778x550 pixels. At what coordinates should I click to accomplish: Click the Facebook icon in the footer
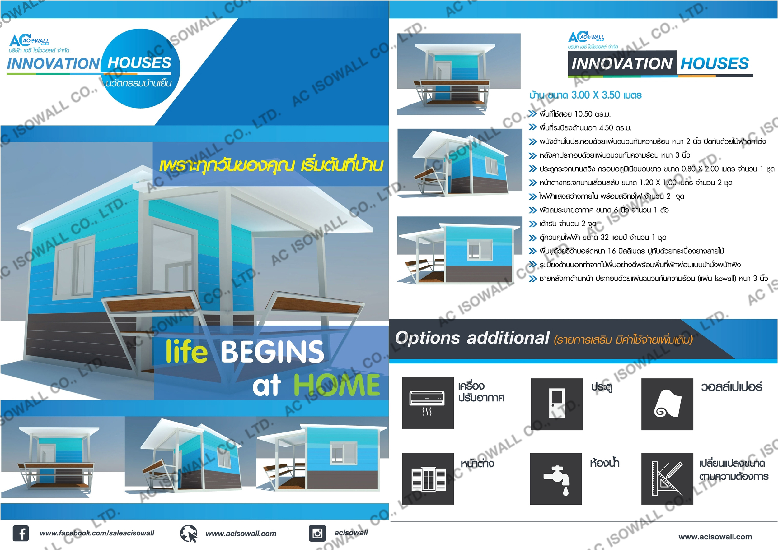pyautogui.click(x=21, y=534)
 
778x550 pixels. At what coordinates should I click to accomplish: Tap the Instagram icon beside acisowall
pyautogui.click(x=317, y=534)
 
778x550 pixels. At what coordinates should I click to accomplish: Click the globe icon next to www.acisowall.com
pyautogui.click(x=189, y=534)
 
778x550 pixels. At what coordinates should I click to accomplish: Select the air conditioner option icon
pyautogui.click(x=428, y=403)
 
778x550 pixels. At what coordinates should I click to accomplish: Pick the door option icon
pyautogui.click(x=557, y=404)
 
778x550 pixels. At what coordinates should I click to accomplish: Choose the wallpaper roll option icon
pyautogui.click(x=667, y=404)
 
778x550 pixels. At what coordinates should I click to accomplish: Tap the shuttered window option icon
pyautogui.click(x=428, y=478)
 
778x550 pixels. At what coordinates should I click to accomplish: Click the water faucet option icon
pyautogui.click(x=556, y=479)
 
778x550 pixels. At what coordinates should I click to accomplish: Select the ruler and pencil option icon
pyautogui.click(x=667, y=478)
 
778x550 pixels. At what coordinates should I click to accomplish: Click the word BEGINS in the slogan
pyautogui.click(x=273, y=352)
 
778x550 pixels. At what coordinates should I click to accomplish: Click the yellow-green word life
pyautogui.click(x=186, y=351)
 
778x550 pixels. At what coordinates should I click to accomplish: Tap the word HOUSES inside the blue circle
pyautogui.click(x=139, y=63)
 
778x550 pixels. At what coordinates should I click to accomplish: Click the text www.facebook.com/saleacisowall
pyautogui.click(x=97, y=533)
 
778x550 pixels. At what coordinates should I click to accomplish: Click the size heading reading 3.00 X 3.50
pyautogui.click(x=585, y=95)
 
